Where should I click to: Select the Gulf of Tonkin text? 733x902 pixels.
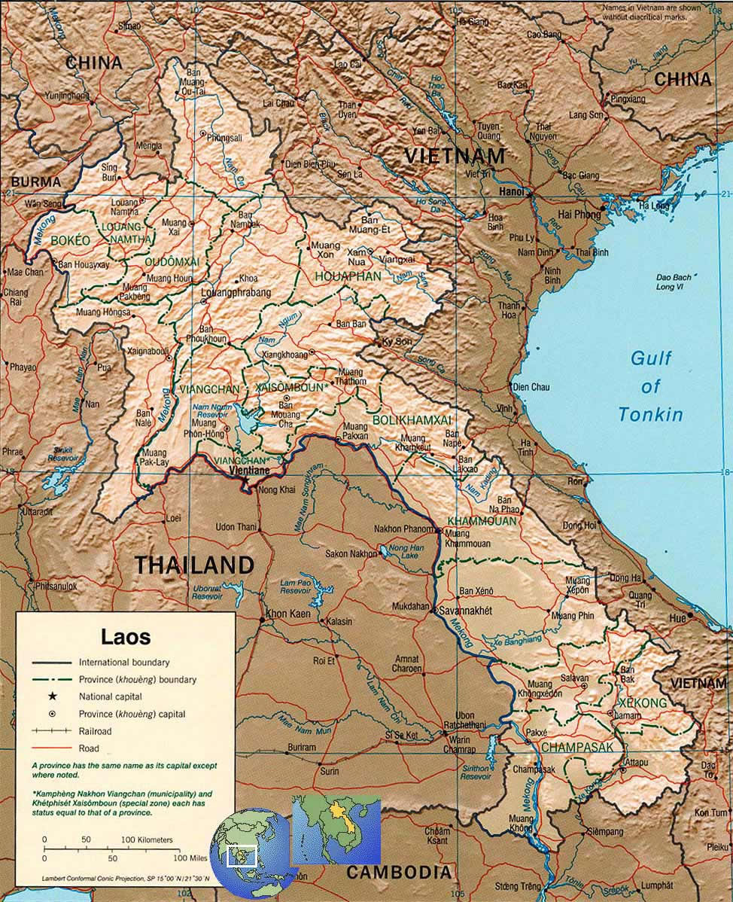pyautogui.click(x=650, y=386)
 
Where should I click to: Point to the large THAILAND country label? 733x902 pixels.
pyautogui.click(x=194, y=565)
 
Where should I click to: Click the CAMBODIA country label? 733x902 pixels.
pyautogui.click(x=399, y=872)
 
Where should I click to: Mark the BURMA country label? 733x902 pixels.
pyautogui.click(x=35, y=181)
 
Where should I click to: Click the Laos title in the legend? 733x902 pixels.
pyautogui.click(x=126, y=637)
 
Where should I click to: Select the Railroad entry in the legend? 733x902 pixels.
pyautogui.click(x=95, y=731)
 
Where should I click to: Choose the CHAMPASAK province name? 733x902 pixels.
pyautogui.click(x=577, y=747)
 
